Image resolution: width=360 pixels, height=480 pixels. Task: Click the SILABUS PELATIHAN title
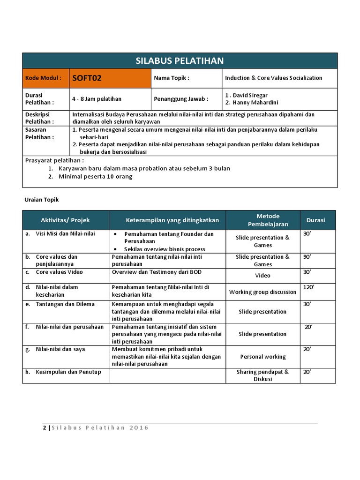[180, 60]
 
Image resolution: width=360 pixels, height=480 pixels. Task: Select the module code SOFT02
[87, 78]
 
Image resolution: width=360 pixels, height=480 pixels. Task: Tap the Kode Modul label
[43, 78]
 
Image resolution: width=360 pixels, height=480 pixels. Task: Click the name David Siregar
[247, 95]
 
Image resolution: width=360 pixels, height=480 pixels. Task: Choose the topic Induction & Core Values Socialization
[274, 78]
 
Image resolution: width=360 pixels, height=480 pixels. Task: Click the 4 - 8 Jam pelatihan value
[97, 99]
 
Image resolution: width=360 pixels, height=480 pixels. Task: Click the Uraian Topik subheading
[42, 200]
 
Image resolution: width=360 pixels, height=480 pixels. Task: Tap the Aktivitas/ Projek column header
[66, 220]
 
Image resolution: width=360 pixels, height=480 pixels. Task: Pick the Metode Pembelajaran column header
[268, 220]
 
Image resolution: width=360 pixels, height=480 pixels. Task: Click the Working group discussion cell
[262, 292]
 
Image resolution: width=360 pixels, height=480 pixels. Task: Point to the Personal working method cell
[262, 357]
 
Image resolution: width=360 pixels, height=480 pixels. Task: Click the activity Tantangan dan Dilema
[65, 304]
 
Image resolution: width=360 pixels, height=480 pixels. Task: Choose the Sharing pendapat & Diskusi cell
[262, 375]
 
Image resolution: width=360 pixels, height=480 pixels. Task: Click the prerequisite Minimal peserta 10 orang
[96, 177]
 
